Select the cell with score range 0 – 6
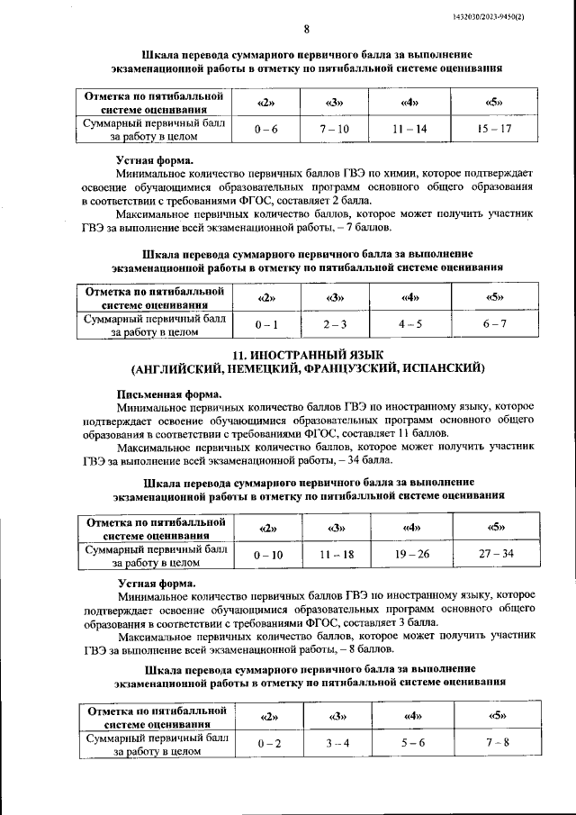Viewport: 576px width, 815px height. click(x=265, y=130)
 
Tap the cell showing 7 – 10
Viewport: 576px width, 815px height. click(x=335, y=130)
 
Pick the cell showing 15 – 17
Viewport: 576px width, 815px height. click(x=496, y=130)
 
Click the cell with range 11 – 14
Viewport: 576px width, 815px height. click(x=409, y=130)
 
